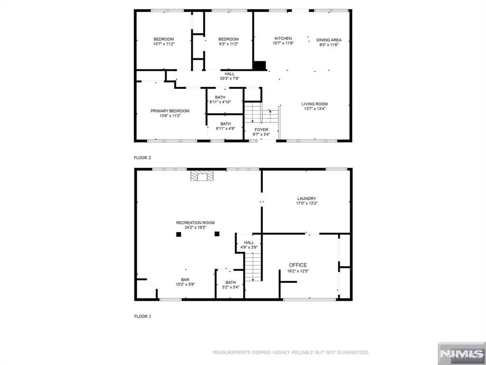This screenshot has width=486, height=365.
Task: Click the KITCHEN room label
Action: [283, 38]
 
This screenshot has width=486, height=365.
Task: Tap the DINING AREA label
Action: [329, 40]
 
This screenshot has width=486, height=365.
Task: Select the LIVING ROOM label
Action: [315, 104]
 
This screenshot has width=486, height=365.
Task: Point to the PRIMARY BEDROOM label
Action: [170, 111]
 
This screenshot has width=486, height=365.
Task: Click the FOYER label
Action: [262, 130]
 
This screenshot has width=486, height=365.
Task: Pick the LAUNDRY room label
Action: [307, 199]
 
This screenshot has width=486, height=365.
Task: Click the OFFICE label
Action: [298, 265]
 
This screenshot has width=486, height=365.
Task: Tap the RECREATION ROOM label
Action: [195, 222]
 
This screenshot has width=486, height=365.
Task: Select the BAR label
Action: [185, 279]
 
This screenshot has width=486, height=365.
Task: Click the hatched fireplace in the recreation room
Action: [202, 175]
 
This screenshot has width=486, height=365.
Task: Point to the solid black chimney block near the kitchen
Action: [260, 66]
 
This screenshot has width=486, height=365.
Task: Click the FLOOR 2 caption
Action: [142, 158]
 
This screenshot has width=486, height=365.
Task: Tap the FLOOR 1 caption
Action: [142, 317]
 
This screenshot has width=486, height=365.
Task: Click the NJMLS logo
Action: [461, 354]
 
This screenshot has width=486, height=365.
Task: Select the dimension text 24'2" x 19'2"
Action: [195, 228]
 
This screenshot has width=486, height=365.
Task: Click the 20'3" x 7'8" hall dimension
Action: [229, 78]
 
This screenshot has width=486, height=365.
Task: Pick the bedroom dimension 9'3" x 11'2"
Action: [228, 44]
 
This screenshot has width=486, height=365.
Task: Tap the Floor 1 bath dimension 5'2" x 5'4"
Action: [231, 287]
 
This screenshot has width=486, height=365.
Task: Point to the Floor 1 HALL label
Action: [249, 242]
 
